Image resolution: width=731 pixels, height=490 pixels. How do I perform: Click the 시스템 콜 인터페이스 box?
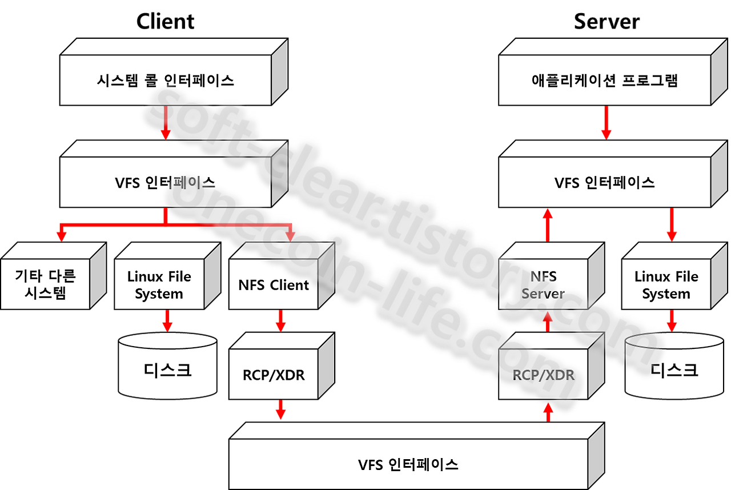click(165, 81)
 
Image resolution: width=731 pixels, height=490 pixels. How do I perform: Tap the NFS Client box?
click(274, 284)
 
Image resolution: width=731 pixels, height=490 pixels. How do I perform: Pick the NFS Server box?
click(543, 284)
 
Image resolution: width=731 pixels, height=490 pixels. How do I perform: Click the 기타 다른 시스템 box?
click(45, 284)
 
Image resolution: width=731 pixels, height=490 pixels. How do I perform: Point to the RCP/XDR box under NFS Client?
click(274, 375)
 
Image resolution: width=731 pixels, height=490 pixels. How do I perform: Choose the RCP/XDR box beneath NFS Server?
click(543, 375)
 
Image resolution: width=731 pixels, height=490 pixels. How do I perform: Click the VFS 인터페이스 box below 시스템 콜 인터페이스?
click(165, 183)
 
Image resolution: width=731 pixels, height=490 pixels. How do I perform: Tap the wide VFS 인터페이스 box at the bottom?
click(408, 464)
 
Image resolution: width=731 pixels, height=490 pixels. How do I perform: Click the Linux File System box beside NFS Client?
click(159, 284)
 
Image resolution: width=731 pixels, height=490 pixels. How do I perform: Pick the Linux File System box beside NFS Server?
click(666, 284)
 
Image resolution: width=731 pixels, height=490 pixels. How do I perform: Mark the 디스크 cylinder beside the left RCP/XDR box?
click(167, 368)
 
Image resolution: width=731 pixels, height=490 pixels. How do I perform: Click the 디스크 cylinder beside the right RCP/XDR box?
click(674, 368)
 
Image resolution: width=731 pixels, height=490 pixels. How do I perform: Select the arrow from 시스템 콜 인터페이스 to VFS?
click(165, 122)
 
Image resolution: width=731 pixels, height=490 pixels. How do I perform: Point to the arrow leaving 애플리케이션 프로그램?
click(607, 122)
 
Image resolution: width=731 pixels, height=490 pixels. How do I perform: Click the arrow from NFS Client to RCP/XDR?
click(280, 321)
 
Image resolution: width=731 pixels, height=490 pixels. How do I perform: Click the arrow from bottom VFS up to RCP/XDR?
click(548, 411)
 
